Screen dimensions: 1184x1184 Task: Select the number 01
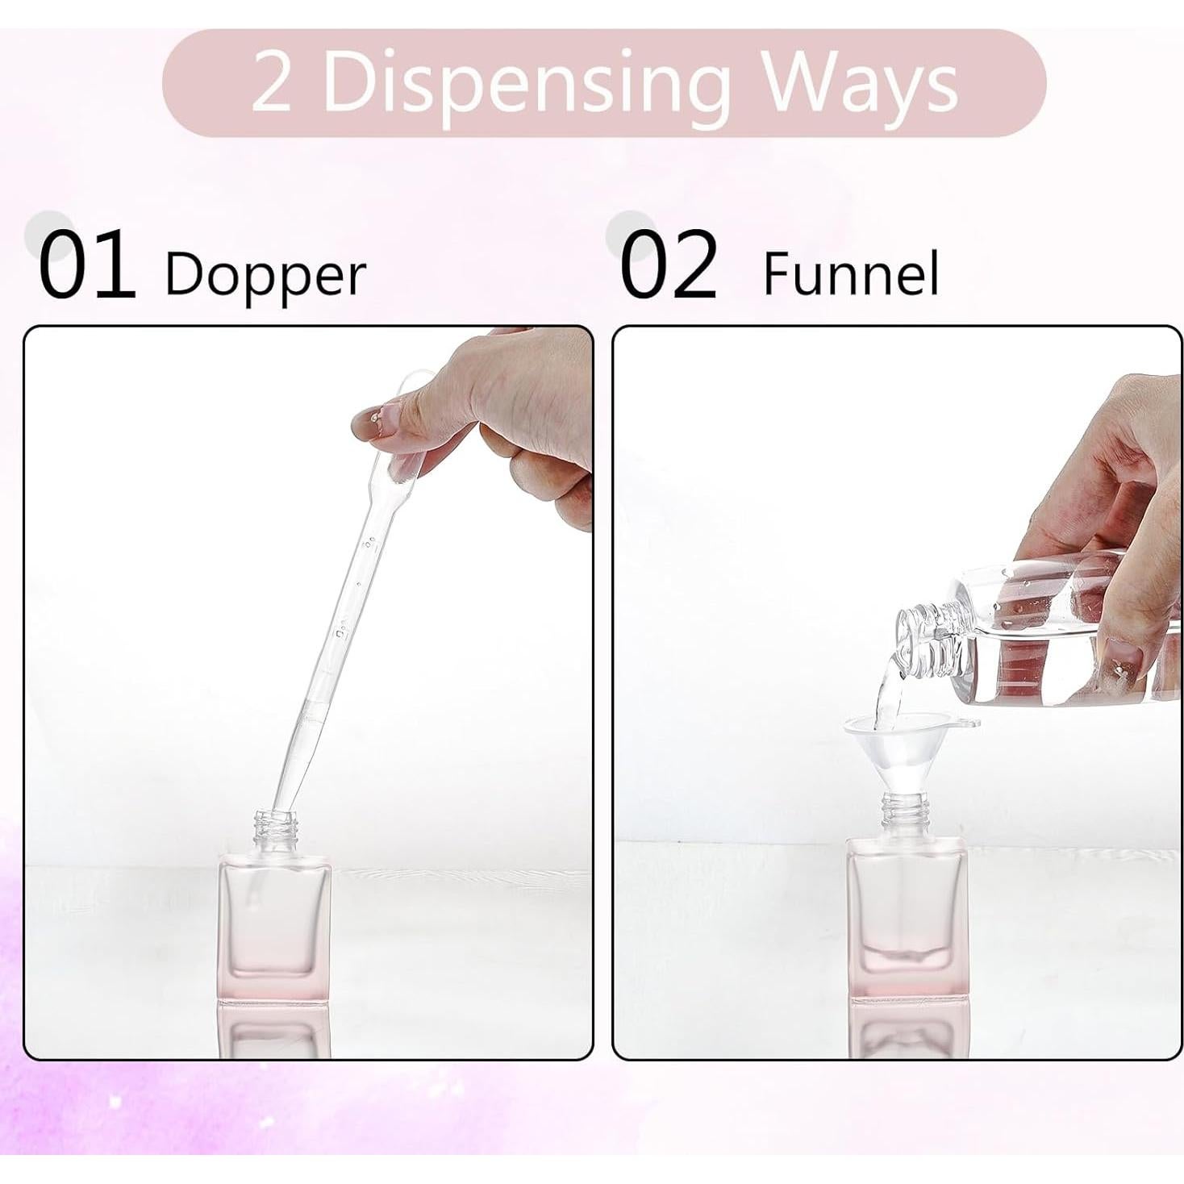coord(86,265)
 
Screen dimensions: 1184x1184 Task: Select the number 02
coord(669,265)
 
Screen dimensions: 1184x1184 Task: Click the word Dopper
coord(265,275)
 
